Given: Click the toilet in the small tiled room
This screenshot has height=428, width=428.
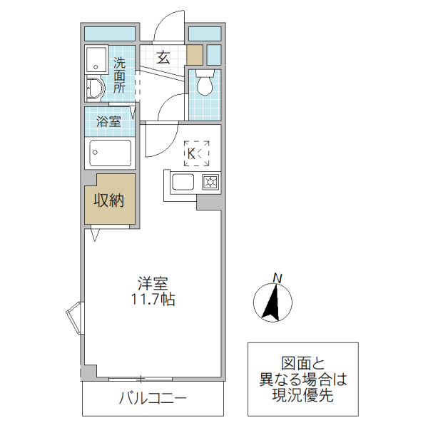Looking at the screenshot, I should click(x=204, y=84).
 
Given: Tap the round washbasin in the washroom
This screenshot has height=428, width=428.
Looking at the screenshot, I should click(x=95, y=89).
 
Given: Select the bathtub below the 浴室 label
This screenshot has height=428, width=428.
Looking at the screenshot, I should click(x=110, y=153).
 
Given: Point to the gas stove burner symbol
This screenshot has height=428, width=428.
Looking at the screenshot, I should click(x=211, y=183).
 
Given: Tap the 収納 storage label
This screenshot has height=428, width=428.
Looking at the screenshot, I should click(x=110, y=200).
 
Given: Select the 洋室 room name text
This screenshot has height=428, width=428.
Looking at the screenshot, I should click(x=153, y=282).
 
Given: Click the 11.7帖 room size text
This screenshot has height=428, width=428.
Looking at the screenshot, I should click(x=153, y=300).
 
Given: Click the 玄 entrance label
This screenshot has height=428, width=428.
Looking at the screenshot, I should click(x=163, y=58).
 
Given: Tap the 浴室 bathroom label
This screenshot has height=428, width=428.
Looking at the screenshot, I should click(x=108, y=121).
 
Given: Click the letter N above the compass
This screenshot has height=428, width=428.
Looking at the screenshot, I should click(x=278, y=277).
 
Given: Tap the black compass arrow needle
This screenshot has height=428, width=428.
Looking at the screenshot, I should click(x=272, y=302).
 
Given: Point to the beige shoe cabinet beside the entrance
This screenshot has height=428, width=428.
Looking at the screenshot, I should click(x=195, y=54).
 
